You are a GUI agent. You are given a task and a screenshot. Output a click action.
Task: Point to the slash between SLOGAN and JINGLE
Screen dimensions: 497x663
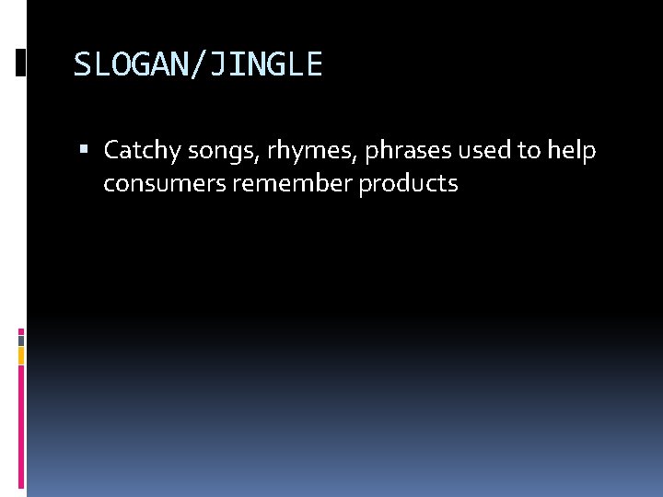(198, 64)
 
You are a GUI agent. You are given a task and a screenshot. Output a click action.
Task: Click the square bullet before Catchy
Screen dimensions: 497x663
(85, 150)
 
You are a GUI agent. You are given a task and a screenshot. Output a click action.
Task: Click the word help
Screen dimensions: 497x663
(572, 150)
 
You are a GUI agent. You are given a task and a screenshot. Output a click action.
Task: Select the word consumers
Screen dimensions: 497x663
(165, 184)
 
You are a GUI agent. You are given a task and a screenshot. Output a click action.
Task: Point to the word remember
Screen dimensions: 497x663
(293, 184)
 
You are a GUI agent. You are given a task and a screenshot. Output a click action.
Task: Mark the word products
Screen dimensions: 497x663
(408, 184)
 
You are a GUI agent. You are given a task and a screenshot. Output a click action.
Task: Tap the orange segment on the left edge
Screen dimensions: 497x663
(21, 355)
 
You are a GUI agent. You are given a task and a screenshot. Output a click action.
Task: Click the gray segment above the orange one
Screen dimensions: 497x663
(21, 340)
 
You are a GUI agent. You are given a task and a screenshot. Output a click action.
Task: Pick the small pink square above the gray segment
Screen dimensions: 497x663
(21, 329)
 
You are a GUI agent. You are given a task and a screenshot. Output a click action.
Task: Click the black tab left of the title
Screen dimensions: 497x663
(20, 62)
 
